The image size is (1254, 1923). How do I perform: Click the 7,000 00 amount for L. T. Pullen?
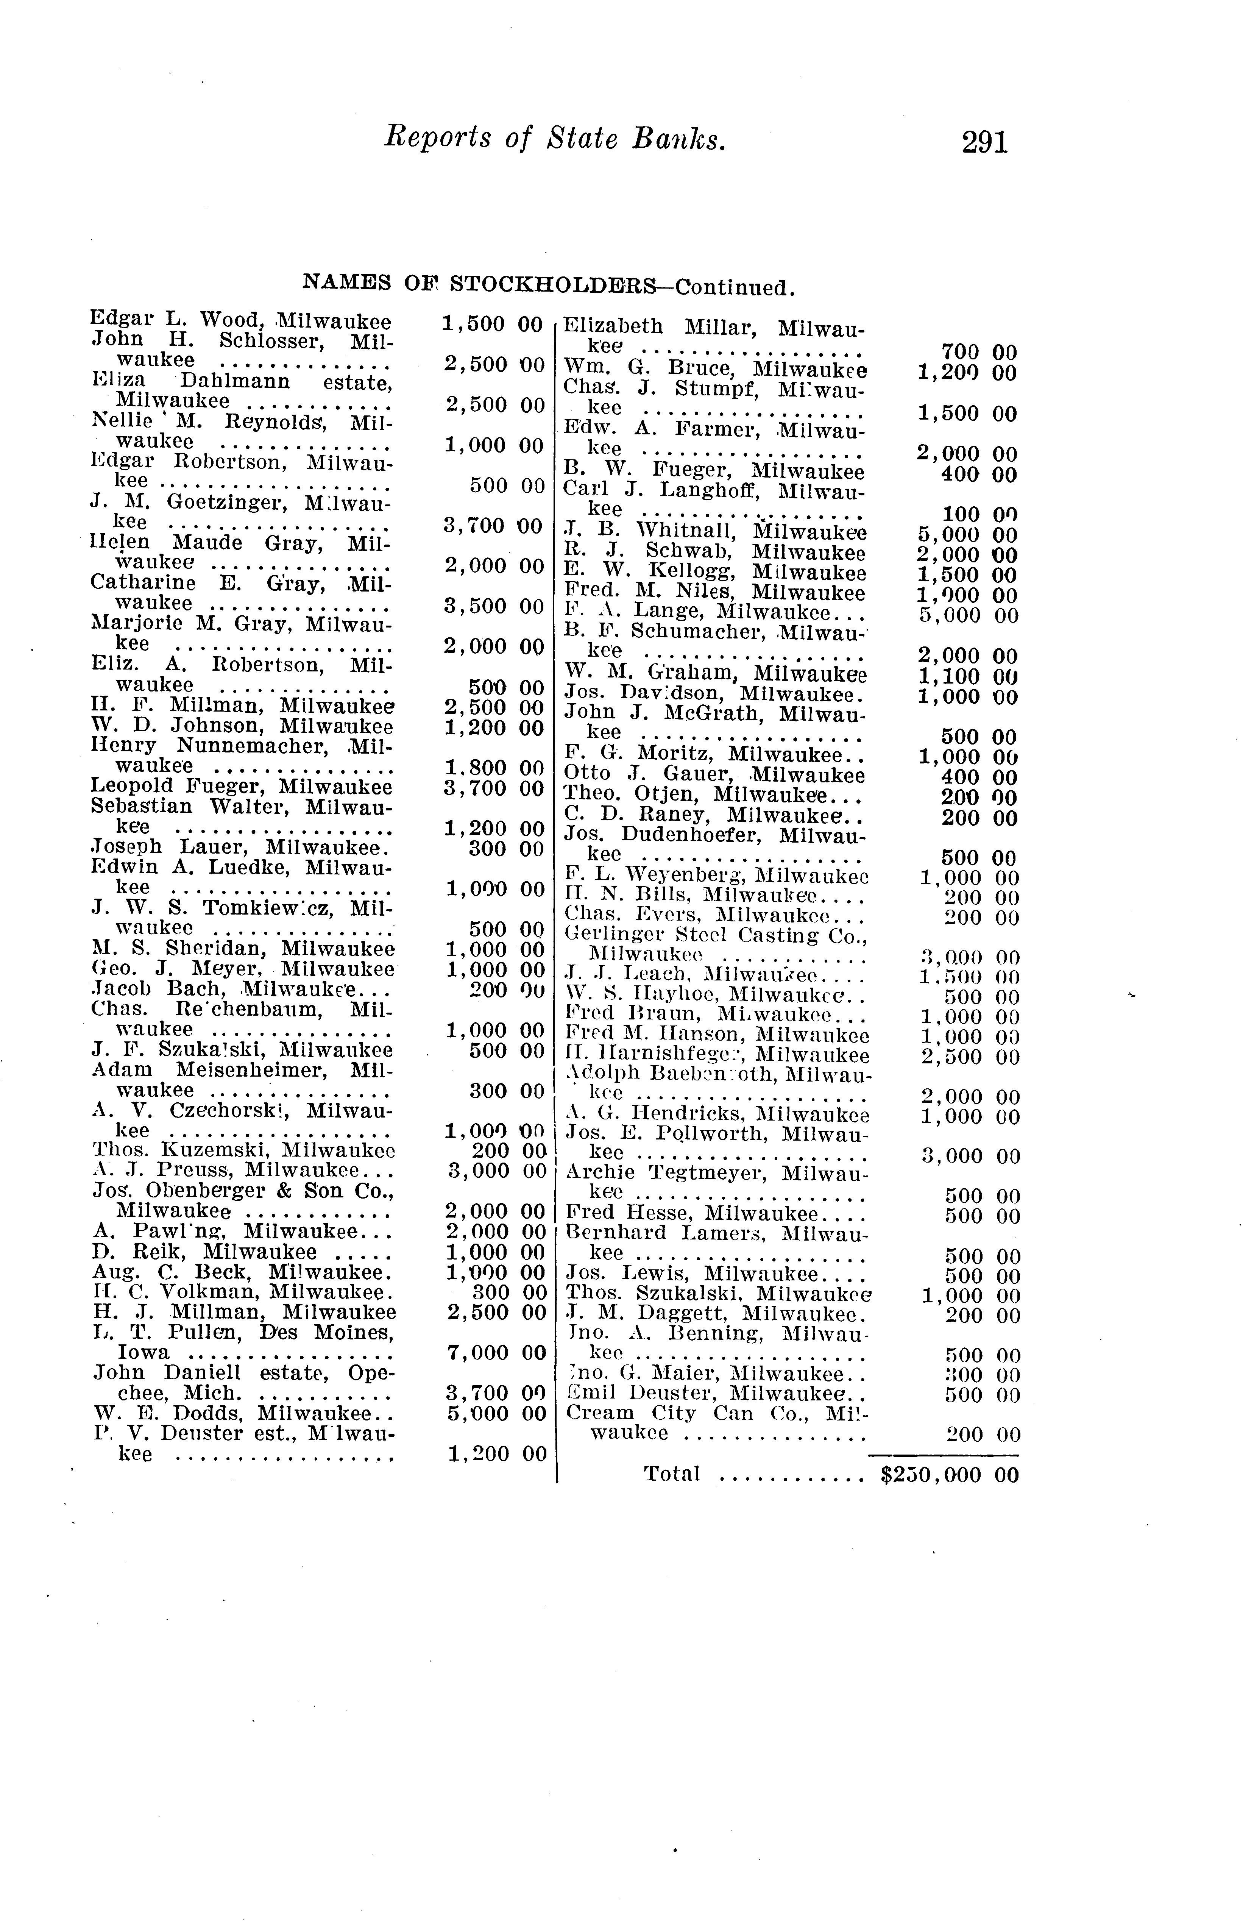tap(496, 1353)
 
